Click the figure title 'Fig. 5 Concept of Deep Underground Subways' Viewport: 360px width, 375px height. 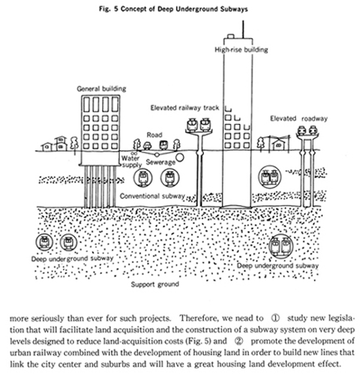coord(173,10)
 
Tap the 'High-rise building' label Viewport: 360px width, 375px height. coord(241,50)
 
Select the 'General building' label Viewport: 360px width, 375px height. coord(101,89)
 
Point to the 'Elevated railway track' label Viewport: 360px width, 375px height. coord(185,108)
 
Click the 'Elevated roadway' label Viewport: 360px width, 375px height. coord(299,118)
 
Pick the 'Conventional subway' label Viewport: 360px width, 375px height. coord(152,196)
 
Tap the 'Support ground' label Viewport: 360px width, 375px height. coord(155,284)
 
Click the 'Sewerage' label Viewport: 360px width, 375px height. coord(161,162)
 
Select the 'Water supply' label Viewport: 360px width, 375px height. coord(131,161)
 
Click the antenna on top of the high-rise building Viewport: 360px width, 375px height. coord(243,29)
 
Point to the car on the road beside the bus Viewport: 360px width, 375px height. coord(147,146)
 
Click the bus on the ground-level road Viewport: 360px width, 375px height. coord(163,145)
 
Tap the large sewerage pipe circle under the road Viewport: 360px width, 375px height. coord(180,158)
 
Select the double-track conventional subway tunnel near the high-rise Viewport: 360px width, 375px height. coord(270,177)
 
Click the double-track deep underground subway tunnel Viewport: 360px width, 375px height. coord(281,246)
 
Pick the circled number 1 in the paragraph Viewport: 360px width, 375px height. coord(275,318)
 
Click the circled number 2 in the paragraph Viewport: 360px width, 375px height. coord(238,341)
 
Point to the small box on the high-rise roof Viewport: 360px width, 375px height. coord(231,36)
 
